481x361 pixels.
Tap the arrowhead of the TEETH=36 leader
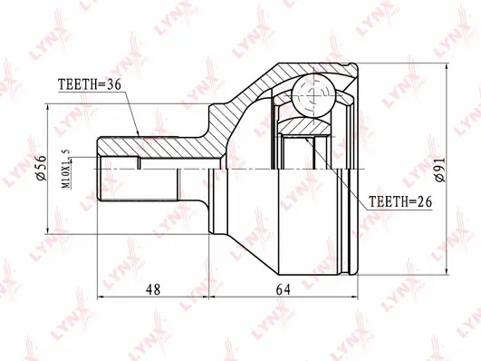[x=139, y=135]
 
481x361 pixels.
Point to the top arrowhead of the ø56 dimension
[x=47, y=107]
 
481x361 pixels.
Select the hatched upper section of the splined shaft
[x=154, y=145]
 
